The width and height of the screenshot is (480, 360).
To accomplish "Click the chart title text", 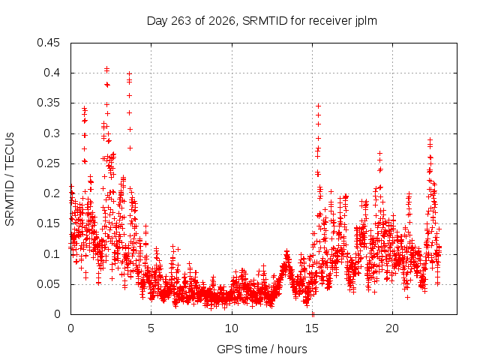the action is pos(262,21).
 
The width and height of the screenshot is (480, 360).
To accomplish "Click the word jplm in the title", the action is pos(366,22).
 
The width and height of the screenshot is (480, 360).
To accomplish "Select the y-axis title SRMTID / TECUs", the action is pos(10,179).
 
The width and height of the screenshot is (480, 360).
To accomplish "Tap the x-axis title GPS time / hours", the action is pos(262,349).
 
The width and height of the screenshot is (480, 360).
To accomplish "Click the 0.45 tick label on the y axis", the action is pos(48,43).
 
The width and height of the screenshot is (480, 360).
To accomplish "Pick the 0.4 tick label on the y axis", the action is pos(52,73).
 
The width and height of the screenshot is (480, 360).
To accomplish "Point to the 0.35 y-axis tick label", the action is pos(48,103).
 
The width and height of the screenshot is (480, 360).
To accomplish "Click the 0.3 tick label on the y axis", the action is pos(52,133).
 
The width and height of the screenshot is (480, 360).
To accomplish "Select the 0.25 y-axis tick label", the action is pos(48,163).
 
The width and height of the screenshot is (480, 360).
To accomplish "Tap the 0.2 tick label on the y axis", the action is pos(52,193).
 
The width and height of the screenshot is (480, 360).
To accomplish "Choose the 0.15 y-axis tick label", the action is pos(48,223).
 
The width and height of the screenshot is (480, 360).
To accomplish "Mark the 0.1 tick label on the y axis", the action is pos(52,253).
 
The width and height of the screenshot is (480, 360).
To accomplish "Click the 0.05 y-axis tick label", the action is pos(48,283).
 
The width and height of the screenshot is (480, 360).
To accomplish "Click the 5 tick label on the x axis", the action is pos(151,328).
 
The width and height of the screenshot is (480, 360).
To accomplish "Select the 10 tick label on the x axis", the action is pos(232,328).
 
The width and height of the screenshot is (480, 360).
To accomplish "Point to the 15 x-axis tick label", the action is pos(312,328).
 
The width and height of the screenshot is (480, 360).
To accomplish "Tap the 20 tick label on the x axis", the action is pos(392,328).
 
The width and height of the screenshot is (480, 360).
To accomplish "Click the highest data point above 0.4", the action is pos(106,68).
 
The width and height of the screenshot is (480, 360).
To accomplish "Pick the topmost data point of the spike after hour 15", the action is pos(318,106).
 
